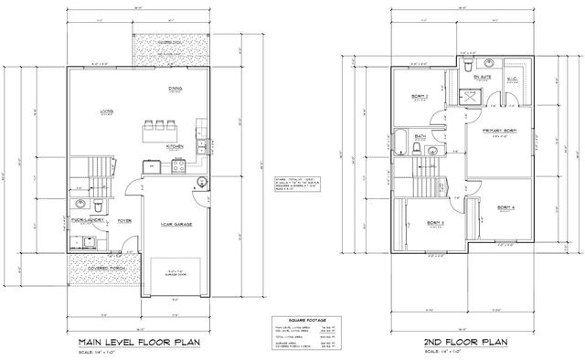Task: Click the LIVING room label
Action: tap(106, 111)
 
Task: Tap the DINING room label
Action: tap(175, 89)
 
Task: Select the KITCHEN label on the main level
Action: tap(176, 144)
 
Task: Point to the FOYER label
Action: tap(124, 220)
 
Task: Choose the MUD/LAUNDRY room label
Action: tap(87, 220)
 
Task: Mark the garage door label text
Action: tap(175, 271)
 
